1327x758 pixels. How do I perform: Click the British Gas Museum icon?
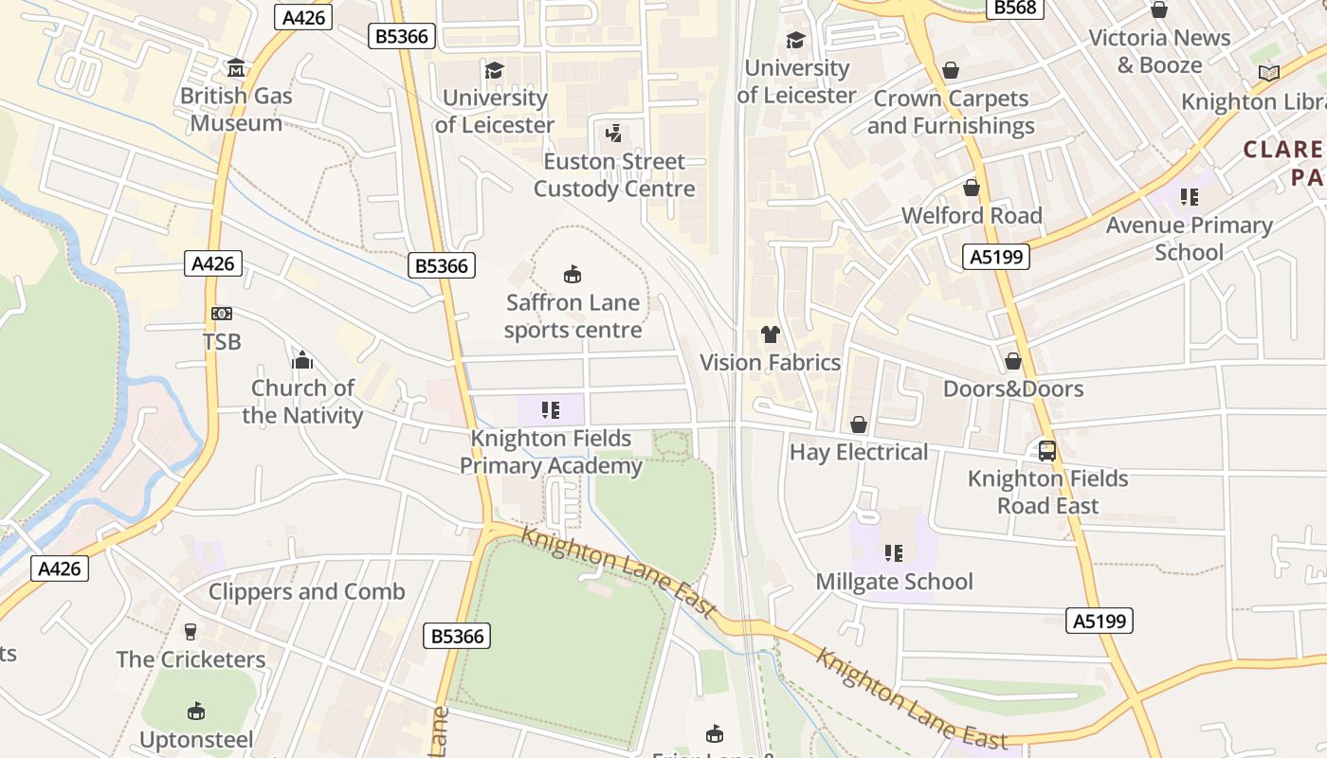235,68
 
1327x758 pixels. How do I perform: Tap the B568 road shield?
1014,8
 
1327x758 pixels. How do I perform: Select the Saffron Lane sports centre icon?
573,275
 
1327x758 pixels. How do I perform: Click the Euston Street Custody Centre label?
614,175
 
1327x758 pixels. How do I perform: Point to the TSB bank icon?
222,314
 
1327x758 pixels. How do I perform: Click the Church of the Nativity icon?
302,360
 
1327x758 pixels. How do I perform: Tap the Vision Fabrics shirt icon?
771,334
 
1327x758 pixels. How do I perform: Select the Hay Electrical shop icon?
859,424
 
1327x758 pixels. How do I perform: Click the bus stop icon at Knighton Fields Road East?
1047,451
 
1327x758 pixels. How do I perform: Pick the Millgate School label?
894,581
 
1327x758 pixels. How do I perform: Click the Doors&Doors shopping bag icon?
1013,361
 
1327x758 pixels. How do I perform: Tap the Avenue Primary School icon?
1189,197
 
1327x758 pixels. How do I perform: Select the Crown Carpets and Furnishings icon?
951,71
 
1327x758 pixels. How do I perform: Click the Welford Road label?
972,215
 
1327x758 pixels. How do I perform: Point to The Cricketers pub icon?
191,631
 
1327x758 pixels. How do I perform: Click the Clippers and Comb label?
306,591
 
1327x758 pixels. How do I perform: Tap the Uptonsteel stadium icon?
196,711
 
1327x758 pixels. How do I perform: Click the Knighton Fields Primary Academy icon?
551,410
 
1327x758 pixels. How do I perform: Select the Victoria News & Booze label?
1159,51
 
